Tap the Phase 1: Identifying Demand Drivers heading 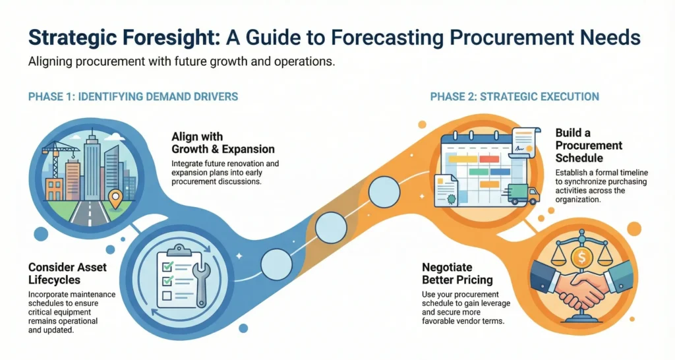[x=133, y=96]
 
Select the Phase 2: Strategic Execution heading [x=514, y=96]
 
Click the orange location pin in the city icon [x=115, y=200]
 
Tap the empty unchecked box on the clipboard [x=167, y=296]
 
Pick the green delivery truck [x=523, y=194]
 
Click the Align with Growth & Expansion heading [x=223, y=143]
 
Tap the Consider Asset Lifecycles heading [x=68, y=274]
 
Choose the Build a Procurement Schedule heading [x=589, y=145]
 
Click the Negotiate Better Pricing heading [x=457, y=274]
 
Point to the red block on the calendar [x=489, y=160]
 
